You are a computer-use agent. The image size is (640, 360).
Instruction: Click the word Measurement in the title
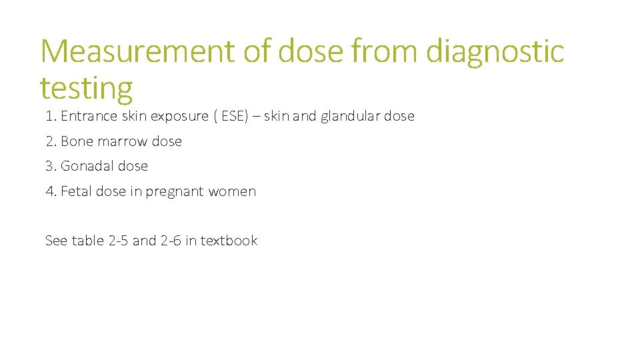137,51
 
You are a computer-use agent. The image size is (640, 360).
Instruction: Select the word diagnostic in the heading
495,51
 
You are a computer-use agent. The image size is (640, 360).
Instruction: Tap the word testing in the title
86,87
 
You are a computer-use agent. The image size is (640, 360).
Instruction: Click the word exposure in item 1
179,116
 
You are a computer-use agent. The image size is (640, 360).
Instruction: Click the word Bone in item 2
75,141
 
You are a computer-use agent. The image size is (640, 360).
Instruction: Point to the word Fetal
76,191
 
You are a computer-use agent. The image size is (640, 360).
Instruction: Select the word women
232,191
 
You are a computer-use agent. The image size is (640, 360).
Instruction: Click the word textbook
229,241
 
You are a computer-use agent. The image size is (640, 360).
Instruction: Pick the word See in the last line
56,241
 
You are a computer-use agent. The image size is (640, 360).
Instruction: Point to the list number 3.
50,166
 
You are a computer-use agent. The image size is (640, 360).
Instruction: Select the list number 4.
50,191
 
